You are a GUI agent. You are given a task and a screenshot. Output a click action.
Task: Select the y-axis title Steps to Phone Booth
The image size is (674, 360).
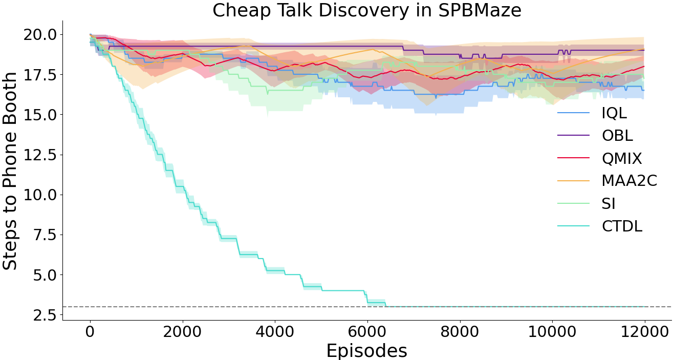[x=10, y=171]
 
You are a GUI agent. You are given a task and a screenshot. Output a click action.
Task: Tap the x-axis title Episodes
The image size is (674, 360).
[x=366, y=350]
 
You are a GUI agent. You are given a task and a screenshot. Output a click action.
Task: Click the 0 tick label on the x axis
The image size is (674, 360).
[x=90, y=332]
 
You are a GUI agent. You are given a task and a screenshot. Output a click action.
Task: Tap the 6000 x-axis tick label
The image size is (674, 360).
[x=367, y=332]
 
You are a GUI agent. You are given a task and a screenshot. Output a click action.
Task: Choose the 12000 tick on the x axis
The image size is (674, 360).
[x=645, y=332]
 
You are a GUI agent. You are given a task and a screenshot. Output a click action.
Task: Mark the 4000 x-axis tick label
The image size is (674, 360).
[x=275, y=332]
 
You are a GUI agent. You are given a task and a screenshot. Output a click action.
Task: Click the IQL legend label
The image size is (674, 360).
[x=614, y=113]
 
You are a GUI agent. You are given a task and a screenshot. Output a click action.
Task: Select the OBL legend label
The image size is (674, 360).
[x=617, y=136]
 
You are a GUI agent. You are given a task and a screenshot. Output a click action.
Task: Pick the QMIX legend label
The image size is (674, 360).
[x=621, y=158]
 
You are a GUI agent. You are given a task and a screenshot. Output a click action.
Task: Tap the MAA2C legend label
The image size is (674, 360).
[x=629, y=181]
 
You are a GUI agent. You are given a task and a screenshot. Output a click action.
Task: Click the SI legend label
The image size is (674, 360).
[x=608, y=203]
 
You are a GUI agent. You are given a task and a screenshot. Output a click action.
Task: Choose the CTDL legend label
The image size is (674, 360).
[x=621, y=226]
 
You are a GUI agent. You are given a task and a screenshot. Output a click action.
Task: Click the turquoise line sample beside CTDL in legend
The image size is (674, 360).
[x=573, y=226]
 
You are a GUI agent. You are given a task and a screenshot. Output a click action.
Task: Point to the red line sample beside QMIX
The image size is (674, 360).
[x=573, y=158]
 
